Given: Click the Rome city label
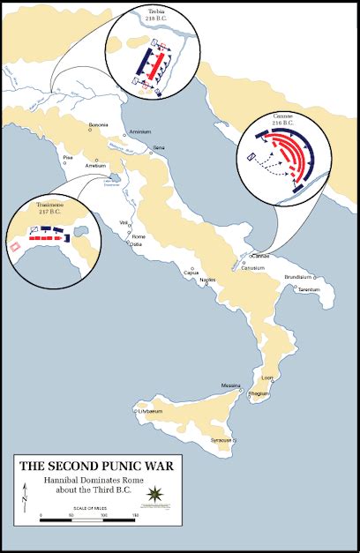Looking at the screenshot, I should [x=139, y=237].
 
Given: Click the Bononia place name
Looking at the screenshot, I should [x=98, y=125].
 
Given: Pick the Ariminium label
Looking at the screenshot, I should [x=140, y=131].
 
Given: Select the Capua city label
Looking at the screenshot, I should [x=191, y=272].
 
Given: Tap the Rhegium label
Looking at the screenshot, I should [x=259, y=395].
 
